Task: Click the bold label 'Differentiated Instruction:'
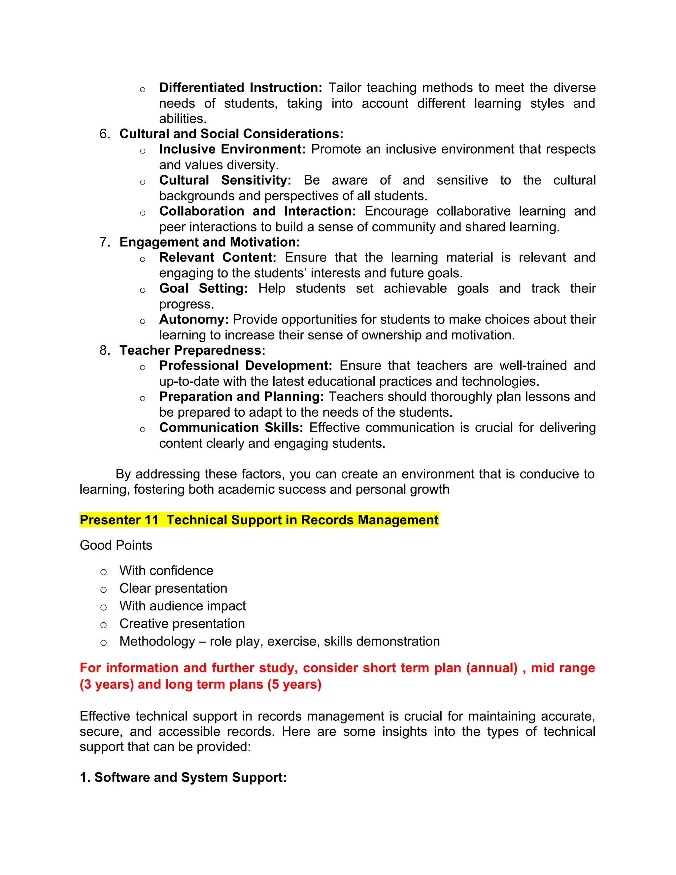[x=240, y=87]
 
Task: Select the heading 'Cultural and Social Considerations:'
[x=231, y=133]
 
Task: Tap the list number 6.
[x=104, y=133]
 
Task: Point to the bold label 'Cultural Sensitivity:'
[x=225, y=180]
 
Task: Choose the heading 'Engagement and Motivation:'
[x=210, y=242]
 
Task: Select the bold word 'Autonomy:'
[x=194, y=319]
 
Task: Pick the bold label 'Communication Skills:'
[x=231, y=428]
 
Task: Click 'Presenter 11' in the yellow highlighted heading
[x=119, y=520]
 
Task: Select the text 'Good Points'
[x=116, y=545]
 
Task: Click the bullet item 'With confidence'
[x=166, y=571]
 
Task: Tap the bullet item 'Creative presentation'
[x=182, y=623]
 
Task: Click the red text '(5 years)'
[x=294, y=684]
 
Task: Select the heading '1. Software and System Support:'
[x=183, y=777]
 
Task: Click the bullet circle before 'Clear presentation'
[x=103, y=589]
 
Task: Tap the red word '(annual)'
[x=492, y=668]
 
